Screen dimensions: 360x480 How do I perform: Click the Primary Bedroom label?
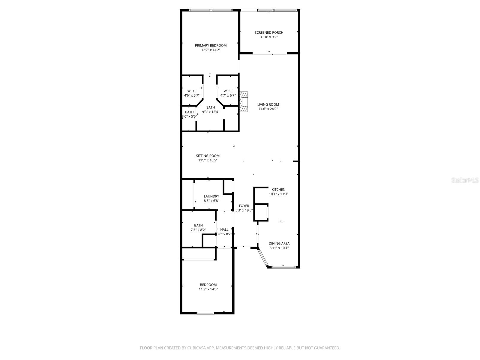coord(211,46)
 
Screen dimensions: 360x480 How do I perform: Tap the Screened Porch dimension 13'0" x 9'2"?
coord(269,37)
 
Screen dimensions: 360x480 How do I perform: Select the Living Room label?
coord(268,105)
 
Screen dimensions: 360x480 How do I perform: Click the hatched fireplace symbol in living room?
coord(244,102)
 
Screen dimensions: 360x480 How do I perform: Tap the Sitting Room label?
coord(208,156)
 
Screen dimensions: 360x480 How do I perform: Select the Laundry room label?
coord(211,196)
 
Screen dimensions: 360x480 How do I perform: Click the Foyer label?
coord(244,206)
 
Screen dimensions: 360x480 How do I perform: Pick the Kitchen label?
coord(278,190)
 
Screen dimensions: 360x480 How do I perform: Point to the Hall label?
coord(224,229)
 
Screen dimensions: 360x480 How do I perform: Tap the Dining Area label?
coord(279,244)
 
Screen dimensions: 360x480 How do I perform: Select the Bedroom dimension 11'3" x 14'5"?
coord(208,289)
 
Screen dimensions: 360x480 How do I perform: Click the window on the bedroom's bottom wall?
coord(205,313)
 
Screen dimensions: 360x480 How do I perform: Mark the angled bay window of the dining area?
coord(262,258)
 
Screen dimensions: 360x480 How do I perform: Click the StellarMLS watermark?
coord(465,180)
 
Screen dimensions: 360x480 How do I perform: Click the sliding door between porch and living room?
coord(270,53)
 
